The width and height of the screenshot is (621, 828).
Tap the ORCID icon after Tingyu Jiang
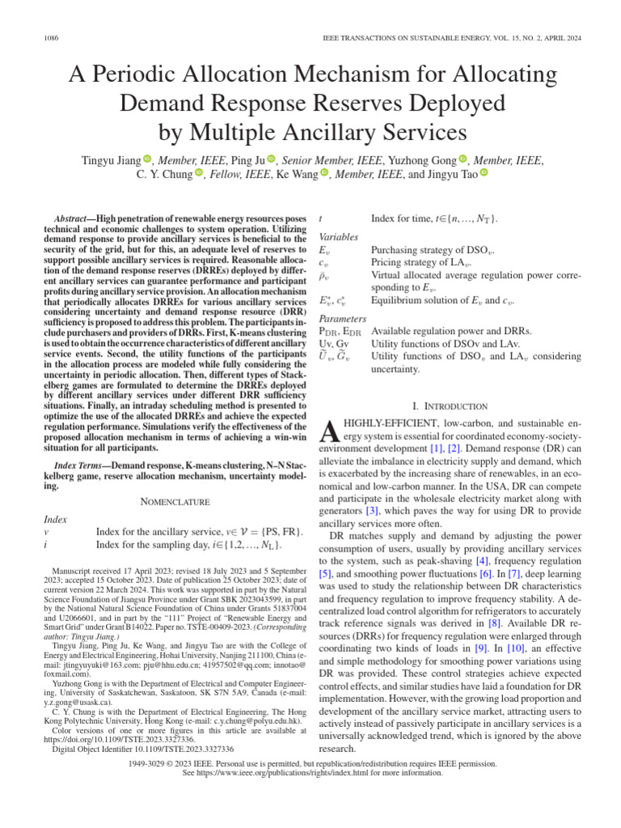point(147,160)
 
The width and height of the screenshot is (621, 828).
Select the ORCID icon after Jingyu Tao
point(484,174)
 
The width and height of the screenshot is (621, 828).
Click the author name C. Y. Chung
point(164,174)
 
